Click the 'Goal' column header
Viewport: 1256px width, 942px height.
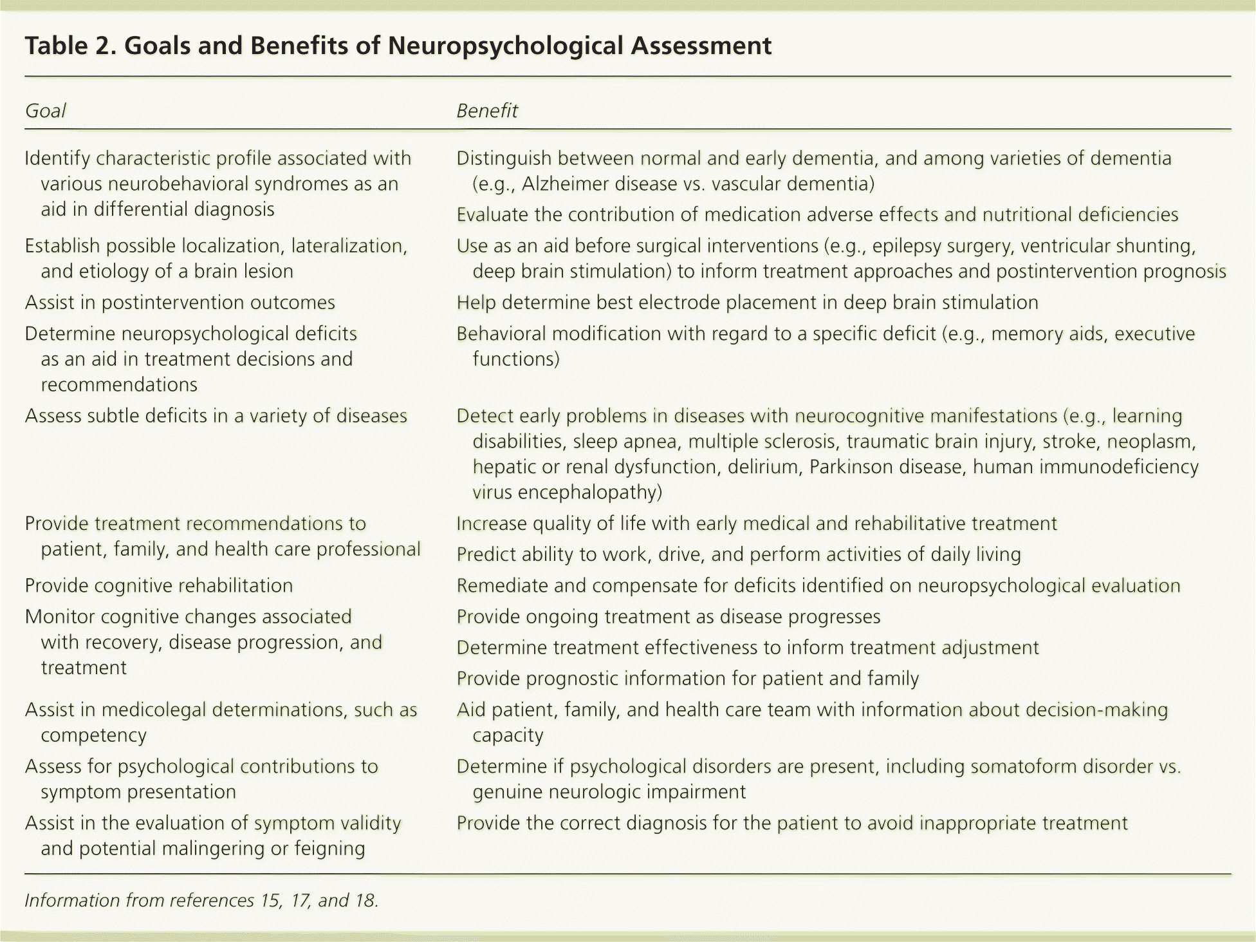(x=45, y=111)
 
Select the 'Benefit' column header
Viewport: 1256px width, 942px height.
(x=486, y=111)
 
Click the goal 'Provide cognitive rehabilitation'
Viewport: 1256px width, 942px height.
(x=158, y=586)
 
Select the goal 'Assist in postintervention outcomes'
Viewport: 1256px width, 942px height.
(x=180, y=303)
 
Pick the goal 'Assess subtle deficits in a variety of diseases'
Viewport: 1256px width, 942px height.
(x=216, y=416)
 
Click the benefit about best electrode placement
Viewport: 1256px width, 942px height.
(x=746, y=303)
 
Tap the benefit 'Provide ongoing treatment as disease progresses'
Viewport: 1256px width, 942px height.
(x=668, y=617)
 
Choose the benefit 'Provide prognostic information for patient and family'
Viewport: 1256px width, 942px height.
(x=687, y=679)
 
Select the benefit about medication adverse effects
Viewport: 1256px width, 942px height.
(x=817, y=215)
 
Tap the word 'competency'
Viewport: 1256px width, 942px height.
(x=93, y=735)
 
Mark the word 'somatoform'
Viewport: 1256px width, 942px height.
(x=1024, y=767)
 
